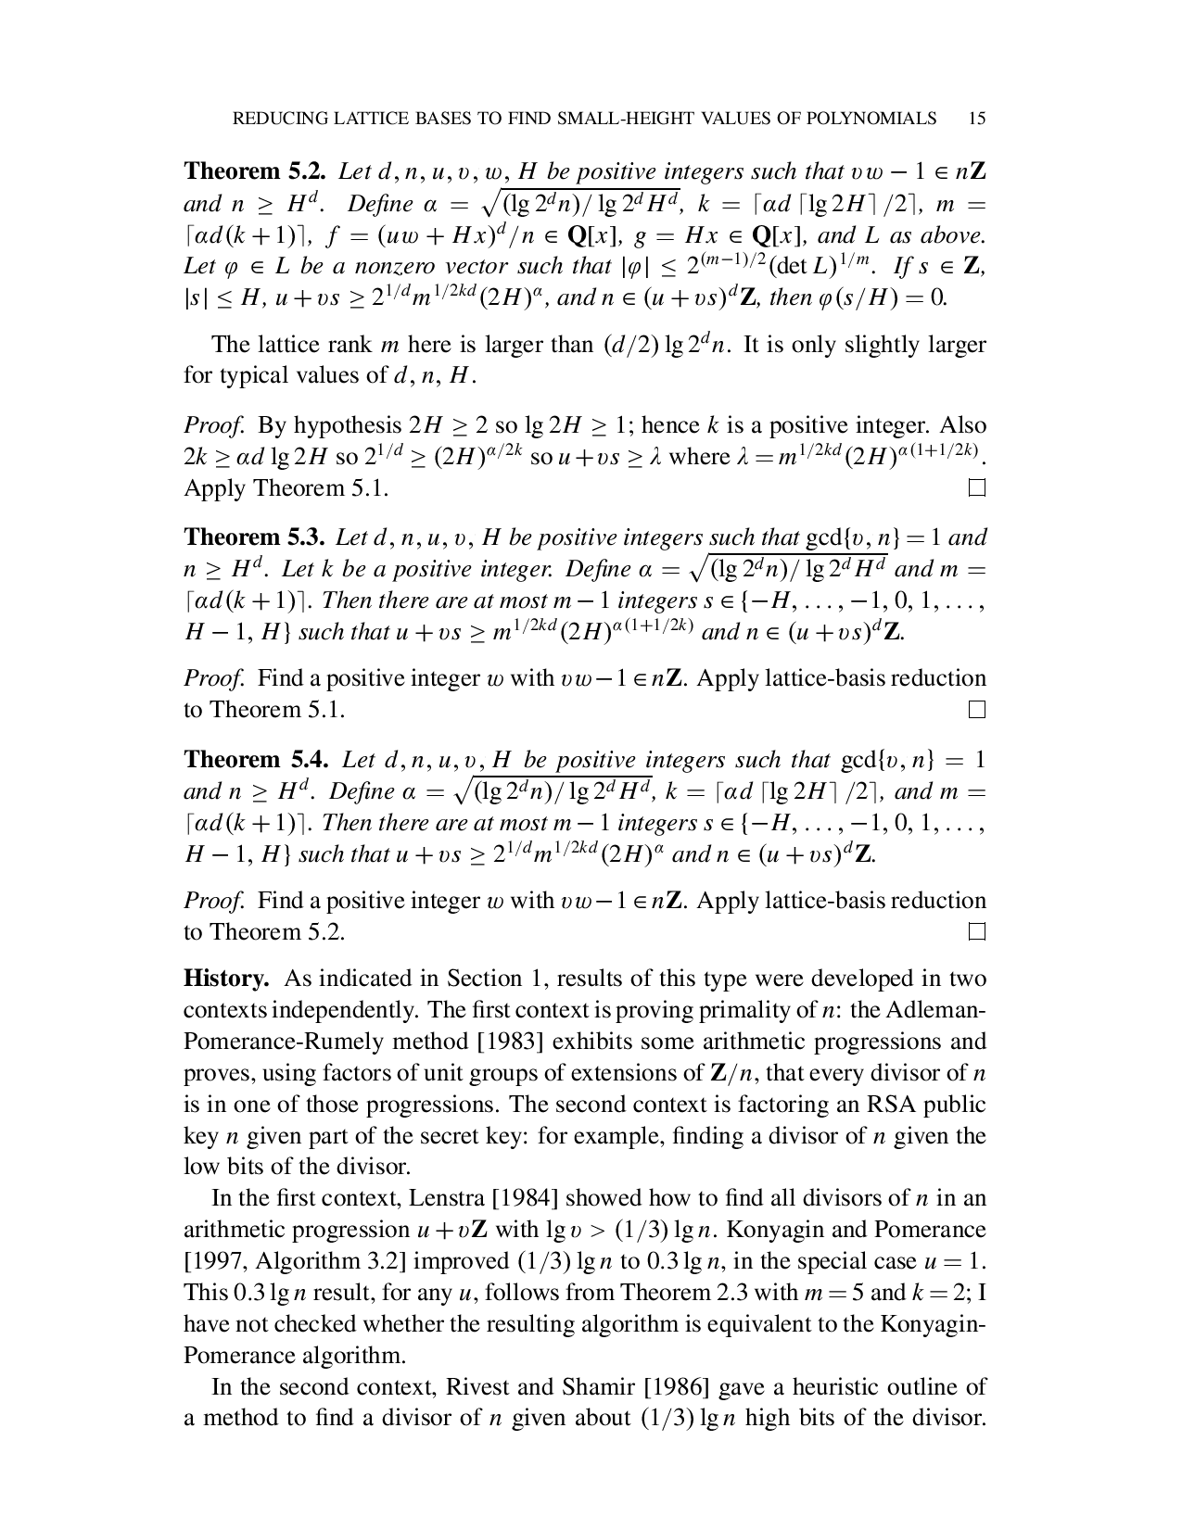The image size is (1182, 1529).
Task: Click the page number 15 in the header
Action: click(x=975, y=118)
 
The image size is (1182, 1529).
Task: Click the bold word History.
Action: click(x=227, y=979)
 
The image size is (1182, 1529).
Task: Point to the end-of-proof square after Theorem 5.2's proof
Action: click(x=975, y=487)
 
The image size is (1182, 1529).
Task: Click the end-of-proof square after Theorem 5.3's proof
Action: click(x=975, y=710)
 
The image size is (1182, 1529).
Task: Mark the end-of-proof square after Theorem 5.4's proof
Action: click(x=975, y=932)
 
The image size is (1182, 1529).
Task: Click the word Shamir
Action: click(x=598, y=1387)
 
